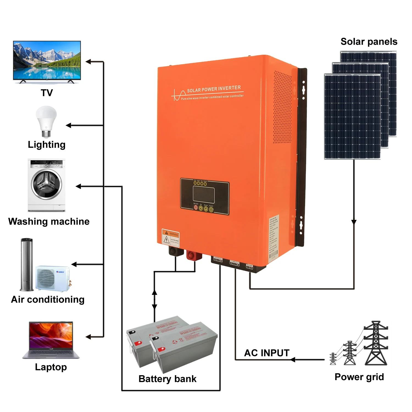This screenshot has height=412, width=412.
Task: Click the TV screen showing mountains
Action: (x=47, y=60)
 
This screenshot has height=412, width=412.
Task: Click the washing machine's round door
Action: (x=46, y=183)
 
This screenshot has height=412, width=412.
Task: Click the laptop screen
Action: (x=51, y=335)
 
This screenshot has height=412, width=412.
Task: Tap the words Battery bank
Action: (x=167, y=379)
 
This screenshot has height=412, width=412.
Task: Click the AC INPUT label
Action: (x=267, y=353)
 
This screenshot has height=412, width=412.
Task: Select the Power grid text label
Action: (x=359, y=377)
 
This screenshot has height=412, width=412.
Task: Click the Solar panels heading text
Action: (x=369, y=41)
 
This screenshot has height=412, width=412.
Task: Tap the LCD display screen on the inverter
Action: (x=204, y=194)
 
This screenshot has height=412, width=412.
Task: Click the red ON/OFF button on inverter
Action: (x=196, y=208)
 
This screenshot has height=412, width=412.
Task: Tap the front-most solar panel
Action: (x=352, y=116)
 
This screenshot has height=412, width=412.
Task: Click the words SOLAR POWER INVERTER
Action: (x=214, y=89)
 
